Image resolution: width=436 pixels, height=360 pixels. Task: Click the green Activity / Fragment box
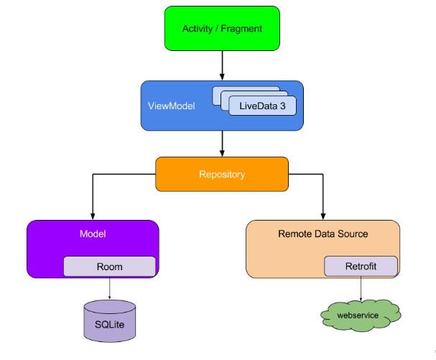tap(222, 28)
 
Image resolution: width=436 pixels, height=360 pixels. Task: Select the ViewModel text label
tap(171, 106)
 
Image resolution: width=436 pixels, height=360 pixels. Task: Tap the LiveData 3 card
tap(262, 106)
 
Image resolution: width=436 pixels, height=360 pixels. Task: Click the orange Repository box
tap(222, 174)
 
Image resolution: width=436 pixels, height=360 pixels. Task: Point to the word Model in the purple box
tap(93, 234)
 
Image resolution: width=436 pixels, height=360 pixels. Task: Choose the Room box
tap(110, 267)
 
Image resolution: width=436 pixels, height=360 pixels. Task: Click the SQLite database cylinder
tap(110, 320)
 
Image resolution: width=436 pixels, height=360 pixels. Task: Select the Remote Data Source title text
tap(323, 234)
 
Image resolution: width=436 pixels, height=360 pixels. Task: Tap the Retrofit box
tap(361, 267)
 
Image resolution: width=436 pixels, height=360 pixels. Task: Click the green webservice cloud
tap(361, 315)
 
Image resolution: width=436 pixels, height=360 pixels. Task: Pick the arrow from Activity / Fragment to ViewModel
tap(222, 65)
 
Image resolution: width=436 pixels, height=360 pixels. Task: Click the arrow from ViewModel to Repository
tap(222, 144)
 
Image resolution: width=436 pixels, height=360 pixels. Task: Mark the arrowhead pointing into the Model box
tap(93, 216)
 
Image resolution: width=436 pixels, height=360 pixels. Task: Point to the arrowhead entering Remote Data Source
tap(323, 216)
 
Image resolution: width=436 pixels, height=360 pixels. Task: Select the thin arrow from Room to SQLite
tap(110, 288)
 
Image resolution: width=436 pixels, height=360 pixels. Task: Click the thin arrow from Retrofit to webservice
tap(361, 289)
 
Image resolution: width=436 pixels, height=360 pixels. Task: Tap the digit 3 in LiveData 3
tap(283, 106)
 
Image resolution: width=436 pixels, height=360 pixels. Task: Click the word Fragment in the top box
tap(241, 29)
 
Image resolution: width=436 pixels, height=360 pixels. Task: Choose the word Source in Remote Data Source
tap(353, 234)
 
